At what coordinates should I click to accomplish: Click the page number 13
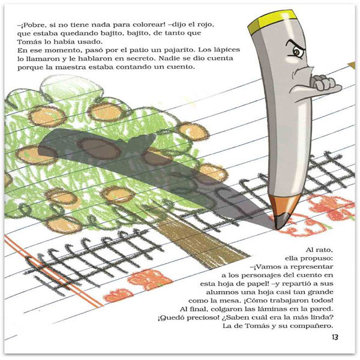(x=335, y=337)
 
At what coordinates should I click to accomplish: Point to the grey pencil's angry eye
(x=298, y=52)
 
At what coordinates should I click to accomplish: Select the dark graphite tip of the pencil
(x=281, y=221)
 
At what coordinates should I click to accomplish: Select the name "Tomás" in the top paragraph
(x=29, y=42)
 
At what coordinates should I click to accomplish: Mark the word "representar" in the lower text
(x=311, y=268)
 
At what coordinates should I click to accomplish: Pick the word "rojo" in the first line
(x=205, y=25)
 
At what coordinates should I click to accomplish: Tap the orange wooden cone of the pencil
(x=284, y=205)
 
